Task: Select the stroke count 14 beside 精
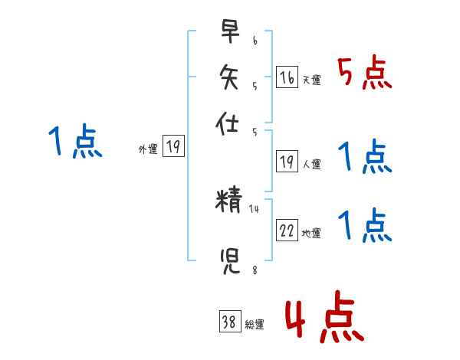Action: click(255, 208)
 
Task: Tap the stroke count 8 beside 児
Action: click(254, 270)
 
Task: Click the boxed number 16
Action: click(287, 78)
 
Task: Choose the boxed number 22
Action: click(287, 231)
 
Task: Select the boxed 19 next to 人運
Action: click(287, 162)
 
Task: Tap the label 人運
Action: click(311, 164)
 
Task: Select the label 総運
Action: click(255, 325)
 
